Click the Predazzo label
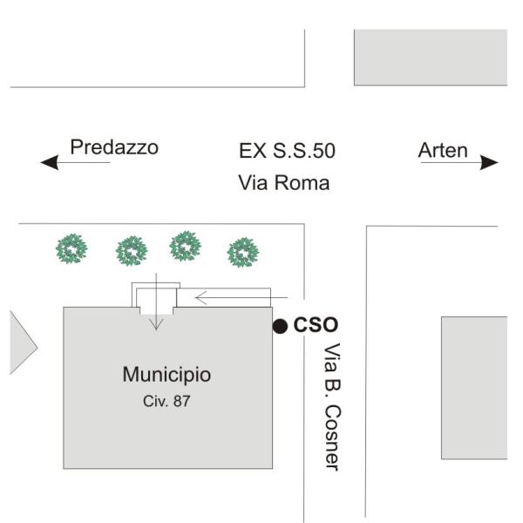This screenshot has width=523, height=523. tap(114, 147)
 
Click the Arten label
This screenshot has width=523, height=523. tap(443, 151)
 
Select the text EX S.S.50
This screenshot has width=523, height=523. tap(287, 151)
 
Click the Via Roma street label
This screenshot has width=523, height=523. tap(283, 183)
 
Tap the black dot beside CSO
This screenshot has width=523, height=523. tap(280, 326)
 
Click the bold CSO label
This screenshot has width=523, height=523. tap(316, 325)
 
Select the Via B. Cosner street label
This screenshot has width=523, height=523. tap(331, 406)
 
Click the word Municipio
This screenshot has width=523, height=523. tap(166, 375)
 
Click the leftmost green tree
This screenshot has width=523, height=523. tap(72, 249)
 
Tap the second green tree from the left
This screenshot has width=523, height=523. tap(131, 251)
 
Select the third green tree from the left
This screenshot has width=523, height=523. tap(186, 247)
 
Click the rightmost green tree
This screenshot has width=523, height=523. tap(241, 253)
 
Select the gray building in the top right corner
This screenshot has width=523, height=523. tap(430, 57)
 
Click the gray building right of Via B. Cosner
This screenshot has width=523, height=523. tap(473, 388)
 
